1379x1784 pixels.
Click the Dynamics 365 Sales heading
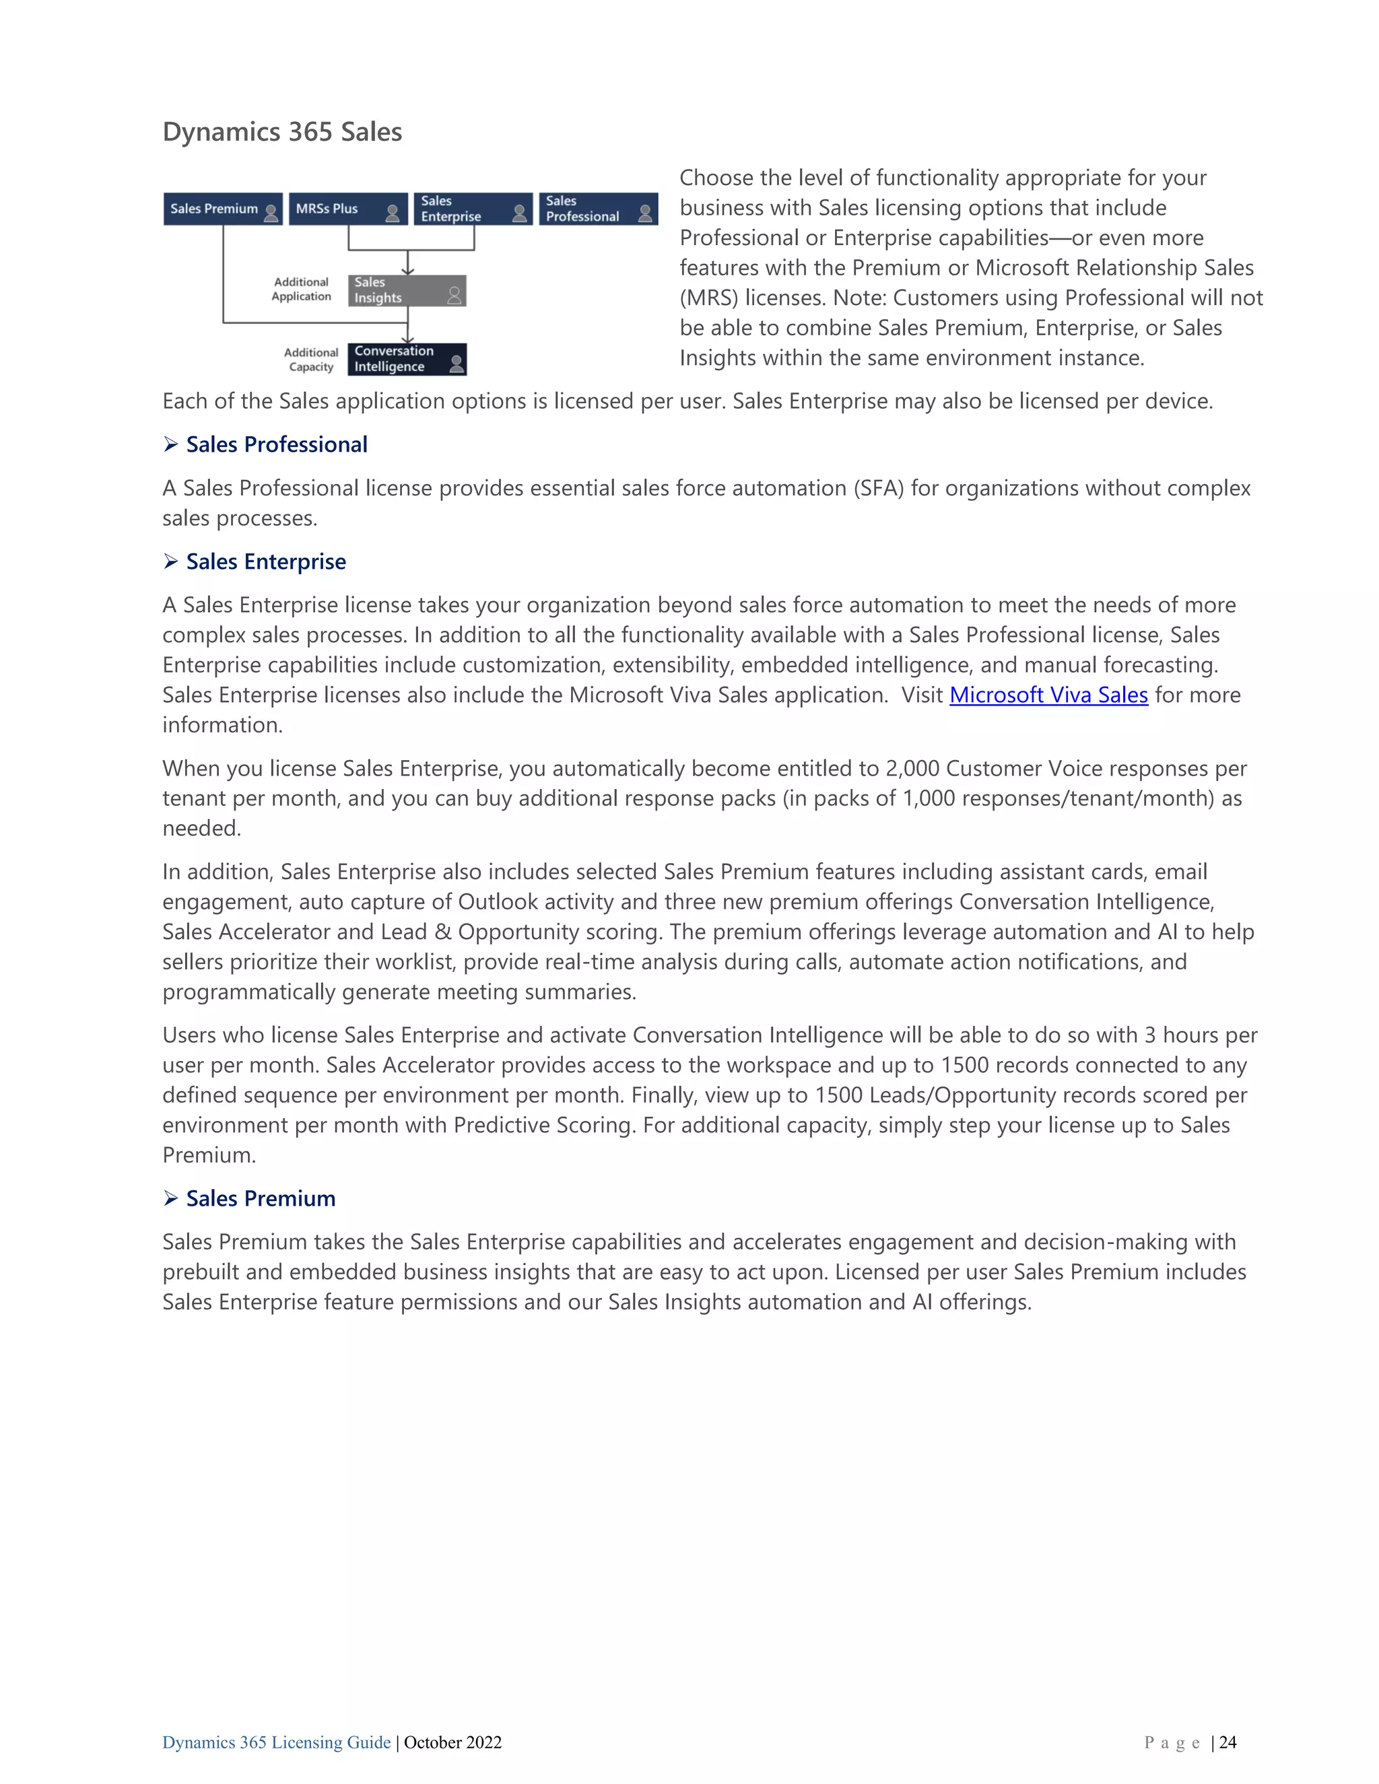coord(282,131)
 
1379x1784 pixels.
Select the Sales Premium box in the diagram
coord(222,209)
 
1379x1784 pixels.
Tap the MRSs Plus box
coord(347,209)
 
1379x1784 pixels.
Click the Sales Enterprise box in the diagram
coord(472,209)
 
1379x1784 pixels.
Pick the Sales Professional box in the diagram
coord(598,209)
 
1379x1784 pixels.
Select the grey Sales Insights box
coord(406,291)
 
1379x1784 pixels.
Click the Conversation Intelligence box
coord(406,359)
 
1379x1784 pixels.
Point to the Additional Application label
coord(302,289)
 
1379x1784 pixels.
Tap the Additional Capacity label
coord(311,359)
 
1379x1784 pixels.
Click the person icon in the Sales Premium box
coord(271,213)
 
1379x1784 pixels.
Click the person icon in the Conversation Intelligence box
coord(457,364)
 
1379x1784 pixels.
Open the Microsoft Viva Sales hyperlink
coord(1048,695)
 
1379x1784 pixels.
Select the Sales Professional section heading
coord(276,444)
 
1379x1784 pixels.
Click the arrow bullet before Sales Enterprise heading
coord(171,561)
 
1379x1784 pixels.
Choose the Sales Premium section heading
coord(261,1198)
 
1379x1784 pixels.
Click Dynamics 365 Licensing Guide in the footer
coord(276,1742)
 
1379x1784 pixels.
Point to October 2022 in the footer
coord(452,1742)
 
